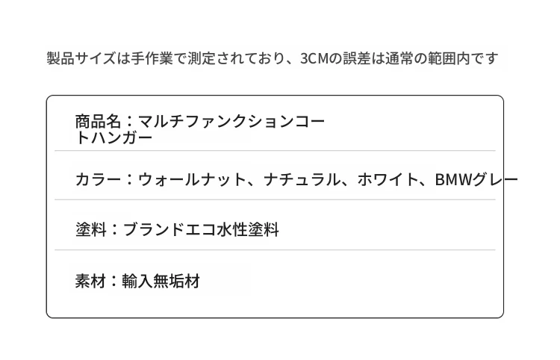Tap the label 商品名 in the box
(x=99, y=122)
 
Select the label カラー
(x=99, y=179)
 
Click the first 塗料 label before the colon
(x=91, y=229)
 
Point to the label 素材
(x=90, y=281)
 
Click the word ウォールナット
(x=192, y=179)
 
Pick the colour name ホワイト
(x=388, y=179)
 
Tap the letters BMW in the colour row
(x=453, y=179)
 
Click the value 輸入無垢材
(x=161, y=281)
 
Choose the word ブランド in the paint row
(x=154, y=229)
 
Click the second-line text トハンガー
(x=114, y=137)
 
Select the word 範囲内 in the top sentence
(x=449, y=58)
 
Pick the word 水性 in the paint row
(x=232, y=229)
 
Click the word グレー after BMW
(x=495, y=179)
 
